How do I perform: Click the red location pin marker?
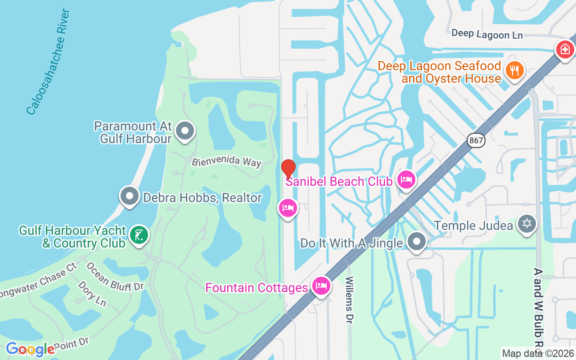pyautogui.click(x=288, y=169)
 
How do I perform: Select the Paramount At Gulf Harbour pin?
pyautogui.click(x=184, y=131)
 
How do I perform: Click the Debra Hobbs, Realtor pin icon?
pyautogui.click(x=130, y=197)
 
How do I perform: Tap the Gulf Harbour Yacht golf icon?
pyautogui.click(x=139, y=235)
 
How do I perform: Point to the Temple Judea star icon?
pyautogui.click(x=527, y=224)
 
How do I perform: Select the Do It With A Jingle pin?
pyautogui.click(x=417, y=242)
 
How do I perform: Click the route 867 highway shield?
pyautogui.click(x=476, y=140)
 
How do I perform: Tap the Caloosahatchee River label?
pyautogui.click(x=48, y=62)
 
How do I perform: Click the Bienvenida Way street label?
pyautogui.click(x=226, y=162)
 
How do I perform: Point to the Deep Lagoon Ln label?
pyautogui.click(x=487, y=34)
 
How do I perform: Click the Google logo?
pyautogui.click(x=30, y=349)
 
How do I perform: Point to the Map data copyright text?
pyautogui.click(x=538, y=354)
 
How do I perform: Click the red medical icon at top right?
pyautogui.click(x=565, y=49)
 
